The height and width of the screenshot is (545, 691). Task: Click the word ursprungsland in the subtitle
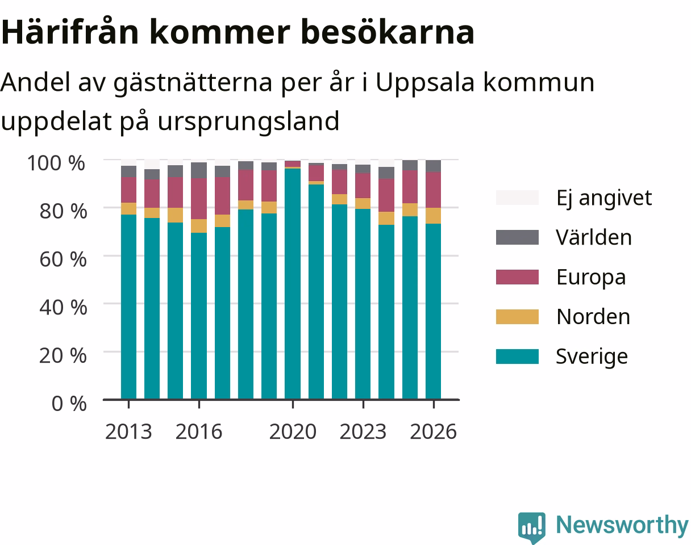248,121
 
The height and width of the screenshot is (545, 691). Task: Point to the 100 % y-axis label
56,163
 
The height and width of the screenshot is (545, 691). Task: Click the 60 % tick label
63,259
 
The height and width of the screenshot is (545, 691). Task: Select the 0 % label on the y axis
69,403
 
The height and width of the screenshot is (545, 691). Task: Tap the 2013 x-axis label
128,431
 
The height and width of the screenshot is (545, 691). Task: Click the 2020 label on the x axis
293,431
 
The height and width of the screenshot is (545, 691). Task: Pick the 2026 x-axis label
434,431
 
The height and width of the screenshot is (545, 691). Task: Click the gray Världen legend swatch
517,237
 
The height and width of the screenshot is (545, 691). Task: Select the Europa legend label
591,277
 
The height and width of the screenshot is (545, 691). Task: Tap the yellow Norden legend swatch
517,317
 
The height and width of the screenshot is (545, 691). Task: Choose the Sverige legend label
592,357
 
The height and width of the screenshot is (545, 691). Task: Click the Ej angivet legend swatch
517,198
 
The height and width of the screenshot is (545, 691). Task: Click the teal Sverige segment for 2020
293,284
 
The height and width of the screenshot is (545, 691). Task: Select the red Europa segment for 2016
199,199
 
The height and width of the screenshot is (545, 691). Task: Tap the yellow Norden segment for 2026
434,216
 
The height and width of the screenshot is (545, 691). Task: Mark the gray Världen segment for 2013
129,171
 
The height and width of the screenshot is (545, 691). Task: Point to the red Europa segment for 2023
363,186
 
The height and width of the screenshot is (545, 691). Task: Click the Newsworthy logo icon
532,527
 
